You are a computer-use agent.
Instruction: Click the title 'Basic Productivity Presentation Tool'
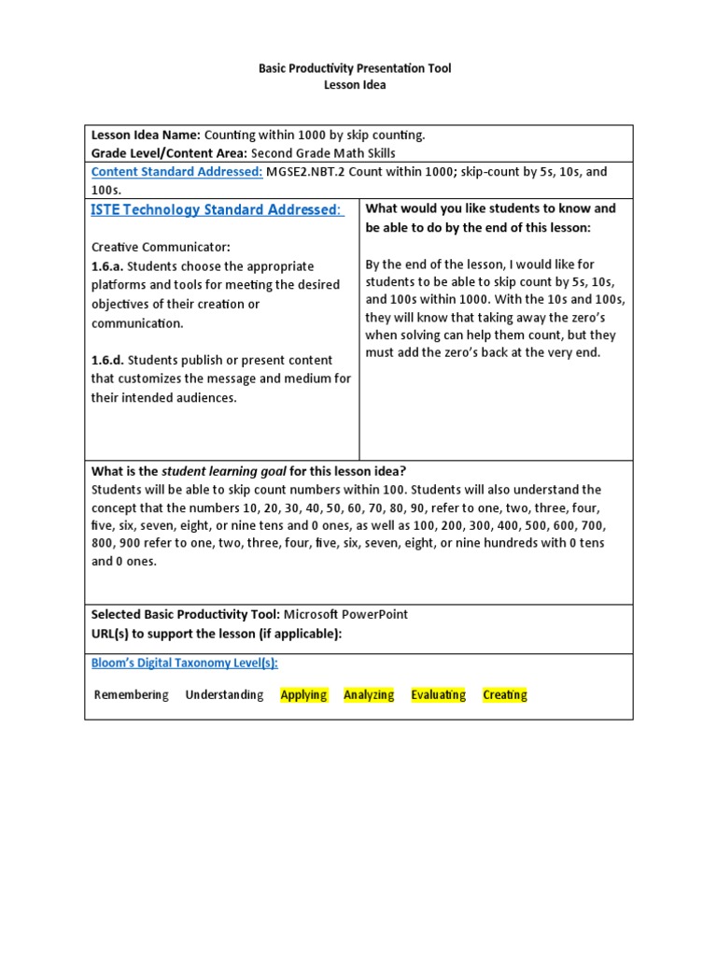354,69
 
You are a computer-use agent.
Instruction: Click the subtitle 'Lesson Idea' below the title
354,85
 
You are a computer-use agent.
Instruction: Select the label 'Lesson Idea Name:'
146,135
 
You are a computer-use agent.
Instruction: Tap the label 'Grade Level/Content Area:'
170,153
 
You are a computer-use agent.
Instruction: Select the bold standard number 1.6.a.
107,266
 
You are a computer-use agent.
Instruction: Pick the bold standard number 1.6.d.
107,360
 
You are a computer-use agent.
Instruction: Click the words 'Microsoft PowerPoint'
345,615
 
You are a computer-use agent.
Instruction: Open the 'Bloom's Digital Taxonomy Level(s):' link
184,663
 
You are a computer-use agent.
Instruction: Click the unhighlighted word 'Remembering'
132,695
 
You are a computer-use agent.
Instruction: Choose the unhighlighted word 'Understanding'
224,695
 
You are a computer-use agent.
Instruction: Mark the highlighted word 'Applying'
303,695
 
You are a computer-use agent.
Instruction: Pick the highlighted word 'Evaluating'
438,695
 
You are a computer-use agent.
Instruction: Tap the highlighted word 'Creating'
505,695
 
